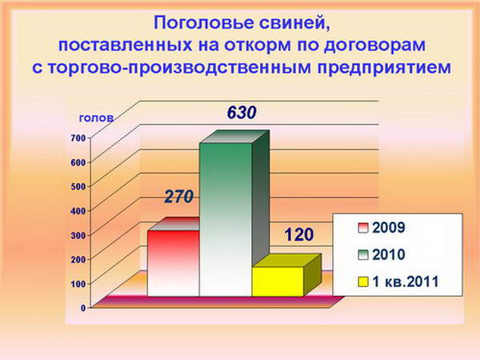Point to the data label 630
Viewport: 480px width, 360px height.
pyautogui.click(x=242, y=113)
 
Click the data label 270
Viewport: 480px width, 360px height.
pyautogui.click(x=178, y=197)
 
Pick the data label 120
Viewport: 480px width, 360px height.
pyautogui.click(x=298, y=234)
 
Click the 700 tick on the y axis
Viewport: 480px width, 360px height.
pyautogui.click(x=78, y=138)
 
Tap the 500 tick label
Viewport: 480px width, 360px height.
pyautogui.click(x=78, y=186)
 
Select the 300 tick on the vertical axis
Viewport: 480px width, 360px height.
pyautogui.click(x=78, y=235)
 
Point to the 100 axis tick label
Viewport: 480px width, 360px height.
pyautogui.click(x=78, y=284)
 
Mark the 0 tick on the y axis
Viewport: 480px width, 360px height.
pyautogui.click(x=83, y=308)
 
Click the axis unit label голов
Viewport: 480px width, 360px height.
pyautogui.click(x=97, y=118)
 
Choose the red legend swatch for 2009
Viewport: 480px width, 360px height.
pyautogui.click(x=362, y=228)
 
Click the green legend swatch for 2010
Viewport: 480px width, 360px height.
pyautogui.click(x=362, y=254)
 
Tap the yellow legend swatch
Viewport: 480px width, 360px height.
pyautogui.click(x=362, y=282)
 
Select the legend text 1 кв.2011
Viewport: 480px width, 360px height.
pyautogui.click(x=406, y=282)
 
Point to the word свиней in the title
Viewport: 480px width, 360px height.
pyautogui.click(x=295, y=23)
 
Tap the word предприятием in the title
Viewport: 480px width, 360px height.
pyautogui.click(x=384, y=68)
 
